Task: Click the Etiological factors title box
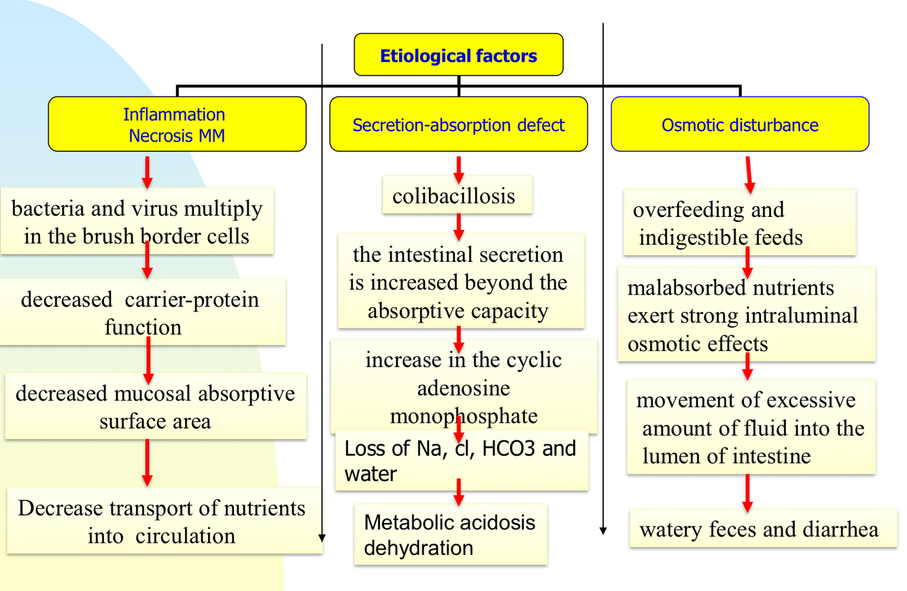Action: (458, 55)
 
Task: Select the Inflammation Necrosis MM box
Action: (177, 124)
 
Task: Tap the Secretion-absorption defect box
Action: (458, 124)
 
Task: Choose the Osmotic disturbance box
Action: (740, 124)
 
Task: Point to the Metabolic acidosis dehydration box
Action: (450, 535)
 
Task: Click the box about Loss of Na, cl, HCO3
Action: (461, 460)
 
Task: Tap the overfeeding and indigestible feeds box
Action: (738, 223)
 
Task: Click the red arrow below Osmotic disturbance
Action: (749, 174)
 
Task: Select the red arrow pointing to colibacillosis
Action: (459, 169)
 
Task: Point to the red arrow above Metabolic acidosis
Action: (459, 492)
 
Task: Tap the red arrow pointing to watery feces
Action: (747, 492)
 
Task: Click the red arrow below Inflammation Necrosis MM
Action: (147, 172)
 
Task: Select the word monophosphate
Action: (463, 416)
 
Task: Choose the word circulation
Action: (185, 535)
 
